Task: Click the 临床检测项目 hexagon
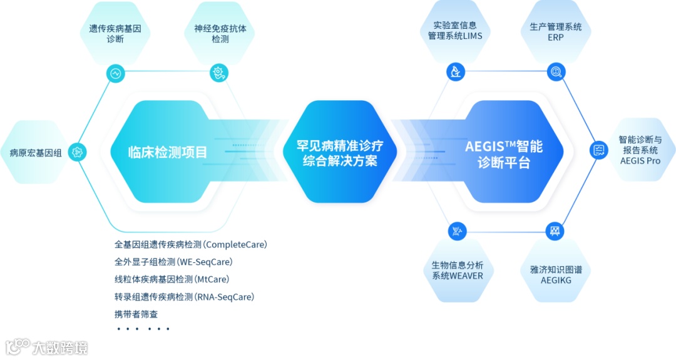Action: point(167,152)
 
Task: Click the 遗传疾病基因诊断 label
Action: point(115,34)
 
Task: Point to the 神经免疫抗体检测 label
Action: point(220,34)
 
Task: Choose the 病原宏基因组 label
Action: point(36,152)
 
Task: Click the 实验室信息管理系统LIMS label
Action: point(455,31)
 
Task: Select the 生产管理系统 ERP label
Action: point(555,32)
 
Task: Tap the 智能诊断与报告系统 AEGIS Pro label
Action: point(640,150)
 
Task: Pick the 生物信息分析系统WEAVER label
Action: point(458,270)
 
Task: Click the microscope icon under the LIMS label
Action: point(456,71)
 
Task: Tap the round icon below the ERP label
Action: point(555,72)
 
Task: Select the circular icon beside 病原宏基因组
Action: point(77,152)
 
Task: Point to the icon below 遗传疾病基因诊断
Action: point(115,73)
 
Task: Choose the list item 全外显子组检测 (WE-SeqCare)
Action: point(173,262)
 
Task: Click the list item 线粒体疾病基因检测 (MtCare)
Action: point(172,279)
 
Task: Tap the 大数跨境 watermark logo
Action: point(47,346)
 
